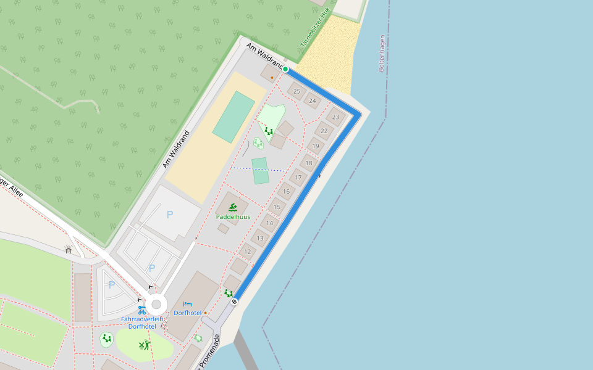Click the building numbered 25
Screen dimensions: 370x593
[296, 91]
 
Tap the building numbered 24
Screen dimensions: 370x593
[313, 101]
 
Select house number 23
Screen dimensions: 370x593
[335, 117]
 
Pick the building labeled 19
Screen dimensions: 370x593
[316, 146]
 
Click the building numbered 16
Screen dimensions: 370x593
[286, 191]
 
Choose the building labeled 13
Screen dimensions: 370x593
[260, 238]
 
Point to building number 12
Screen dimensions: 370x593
[248, 251]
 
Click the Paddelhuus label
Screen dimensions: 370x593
[233, 217]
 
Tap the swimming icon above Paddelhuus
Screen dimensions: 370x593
[233, 207]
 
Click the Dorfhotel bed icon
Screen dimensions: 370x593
[188, 304]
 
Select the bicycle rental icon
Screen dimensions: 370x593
[142, 310]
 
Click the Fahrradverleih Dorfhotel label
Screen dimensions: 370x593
[142, 323]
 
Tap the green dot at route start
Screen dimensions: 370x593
[285, 69]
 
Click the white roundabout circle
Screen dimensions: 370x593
[156, 303]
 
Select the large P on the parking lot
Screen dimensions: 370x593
[170, 215]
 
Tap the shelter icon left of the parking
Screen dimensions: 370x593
[69, 249]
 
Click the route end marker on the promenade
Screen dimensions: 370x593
[234, 302]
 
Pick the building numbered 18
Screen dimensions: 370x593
[309, 163]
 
